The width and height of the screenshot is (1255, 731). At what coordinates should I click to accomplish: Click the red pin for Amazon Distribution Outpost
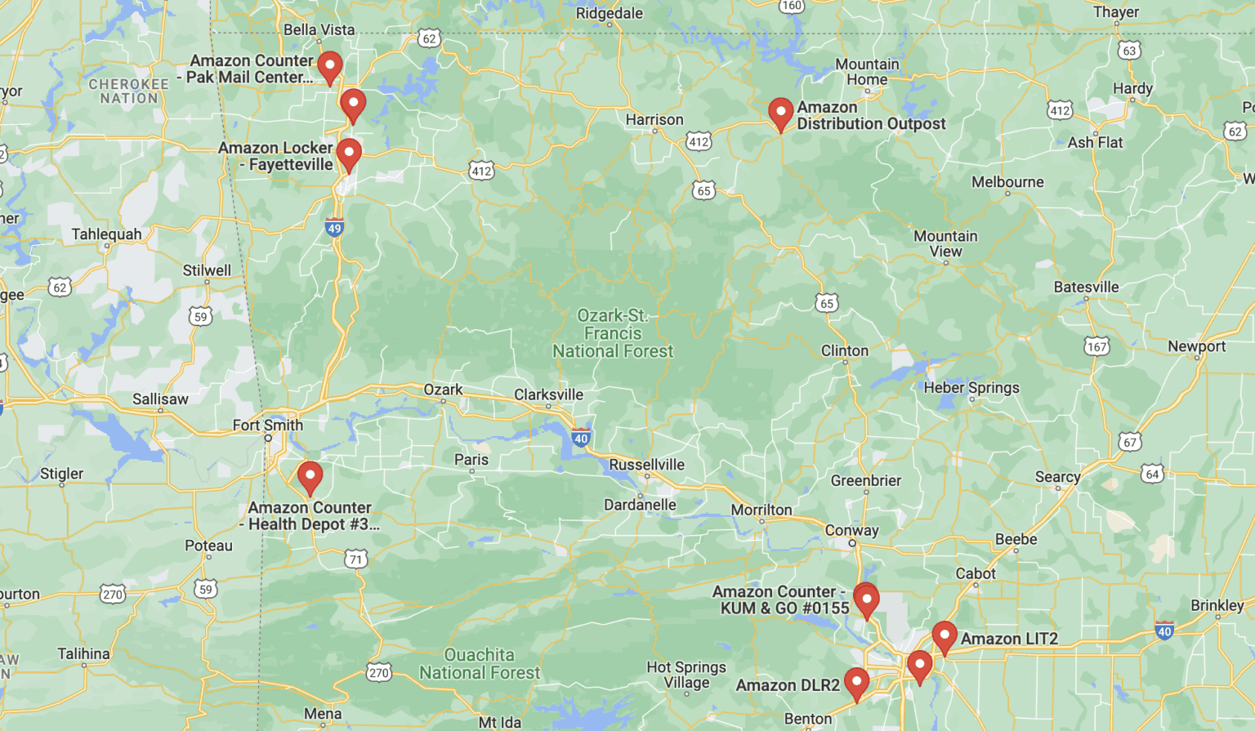[x=780, y=113]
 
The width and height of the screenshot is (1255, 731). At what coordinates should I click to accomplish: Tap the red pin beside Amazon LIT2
[x=944, y=636]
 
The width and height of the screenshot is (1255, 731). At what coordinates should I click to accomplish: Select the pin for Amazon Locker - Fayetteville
[x=349, y=154]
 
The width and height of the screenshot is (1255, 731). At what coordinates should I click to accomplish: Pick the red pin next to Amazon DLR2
[x=856, y=683]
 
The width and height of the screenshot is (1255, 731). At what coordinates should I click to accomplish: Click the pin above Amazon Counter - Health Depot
[x=310, y=476]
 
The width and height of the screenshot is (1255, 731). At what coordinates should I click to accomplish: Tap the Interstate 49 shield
[x=334, y=228]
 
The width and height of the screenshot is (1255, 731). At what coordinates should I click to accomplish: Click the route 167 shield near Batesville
[x=1096, y=346]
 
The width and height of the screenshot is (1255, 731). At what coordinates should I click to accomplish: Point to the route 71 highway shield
[x=355, y=559]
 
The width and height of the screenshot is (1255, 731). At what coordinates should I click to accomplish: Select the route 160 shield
[x=791, y=7]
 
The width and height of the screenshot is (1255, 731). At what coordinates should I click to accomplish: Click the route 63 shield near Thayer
[x=1129, y=51]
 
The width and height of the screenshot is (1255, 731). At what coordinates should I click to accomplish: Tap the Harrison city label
[x=654, y=120]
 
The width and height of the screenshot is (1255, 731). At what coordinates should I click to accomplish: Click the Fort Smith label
[x=267, y=426]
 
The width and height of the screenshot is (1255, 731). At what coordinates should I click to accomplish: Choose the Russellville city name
[x=646, y=465]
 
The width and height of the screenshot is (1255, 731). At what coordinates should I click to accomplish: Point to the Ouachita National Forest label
[x=480, y=664]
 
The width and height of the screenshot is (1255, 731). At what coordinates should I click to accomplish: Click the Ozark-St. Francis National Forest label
[x=613, y=333]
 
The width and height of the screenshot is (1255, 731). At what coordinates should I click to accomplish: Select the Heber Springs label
[x=971, y=388]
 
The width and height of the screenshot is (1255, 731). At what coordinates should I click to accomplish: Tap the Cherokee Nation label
[x=128, y=91]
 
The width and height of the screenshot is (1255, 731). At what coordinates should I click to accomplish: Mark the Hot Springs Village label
[x=686, y=675]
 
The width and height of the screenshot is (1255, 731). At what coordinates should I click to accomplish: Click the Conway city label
[x=851, y=530]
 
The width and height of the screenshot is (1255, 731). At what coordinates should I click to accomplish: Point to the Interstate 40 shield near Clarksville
[x=581, y=438]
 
